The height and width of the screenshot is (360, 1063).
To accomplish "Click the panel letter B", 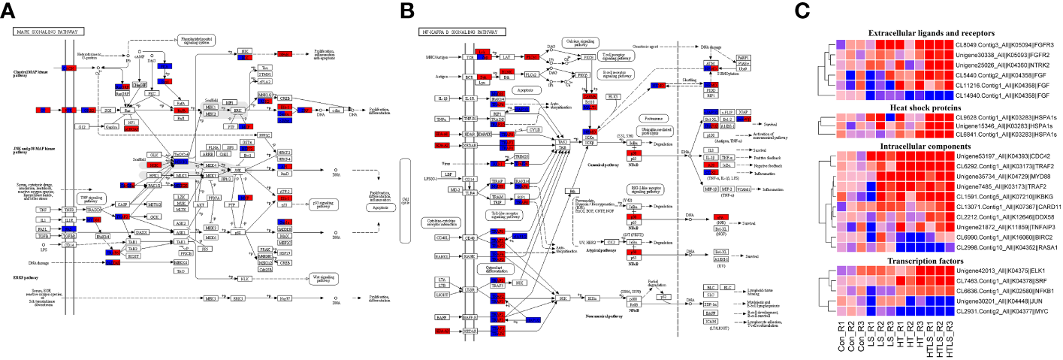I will [406, 10].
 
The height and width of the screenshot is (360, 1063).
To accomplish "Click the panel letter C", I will [802, 10].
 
